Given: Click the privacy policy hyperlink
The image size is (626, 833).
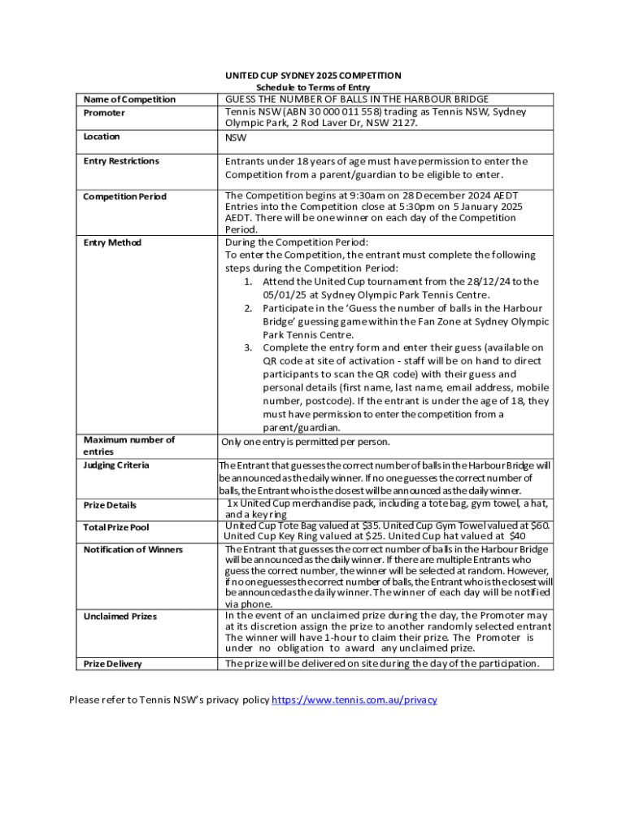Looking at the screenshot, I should [354, 700].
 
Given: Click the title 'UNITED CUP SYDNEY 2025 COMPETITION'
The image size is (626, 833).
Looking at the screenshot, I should [313, 76].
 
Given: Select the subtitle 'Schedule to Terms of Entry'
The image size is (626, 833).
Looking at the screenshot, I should [313, 87].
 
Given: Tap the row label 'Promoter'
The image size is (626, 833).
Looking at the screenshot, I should [104, 112].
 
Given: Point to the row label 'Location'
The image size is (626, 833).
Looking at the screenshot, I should [102, 137].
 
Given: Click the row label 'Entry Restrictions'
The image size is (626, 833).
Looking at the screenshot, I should [121, 161].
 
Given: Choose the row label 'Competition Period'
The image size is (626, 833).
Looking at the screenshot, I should [124, 197].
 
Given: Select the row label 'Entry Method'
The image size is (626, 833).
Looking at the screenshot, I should [112, 242].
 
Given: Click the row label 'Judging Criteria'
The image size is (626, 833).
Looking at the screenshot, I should [116, 464].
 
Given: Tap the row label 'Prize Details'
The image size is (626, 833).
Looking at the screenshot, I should [110, 505].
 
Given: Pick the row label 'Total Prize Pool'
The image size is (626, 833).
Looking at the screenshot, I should [116, 527].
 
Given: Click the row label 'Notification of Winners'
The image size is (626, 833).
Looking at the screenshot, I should [133, 550].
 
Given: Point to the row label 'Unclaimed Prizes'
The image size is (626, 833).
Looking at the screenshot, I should [120, 617].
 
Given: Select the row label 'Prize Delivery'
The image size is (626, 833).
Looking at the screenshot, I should [112, 664].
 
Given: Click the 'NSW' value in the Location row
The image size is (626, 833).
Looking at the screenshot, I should [237, 137].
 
